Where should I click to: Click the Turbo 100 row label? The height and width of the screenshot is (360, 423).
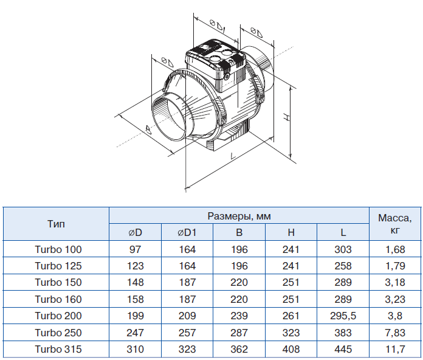[x=58, y=249]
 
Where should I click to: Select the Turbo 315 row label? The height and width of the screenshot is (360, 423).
[x=58, y=349]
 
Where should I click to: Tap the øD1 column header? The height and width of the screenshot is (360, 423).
[x=187, y=232]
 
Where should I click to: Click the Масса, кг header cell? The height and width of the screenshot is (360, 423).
[x=395, y=224]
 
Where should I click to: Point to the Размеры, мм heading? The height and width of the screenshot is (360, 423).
[x=239, y=216]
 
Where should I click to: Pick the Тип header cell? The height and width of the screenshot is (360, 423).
[x=56, y=224]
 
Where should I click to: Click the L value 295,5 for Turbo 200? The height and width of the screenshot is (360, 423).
[x=343, y=316]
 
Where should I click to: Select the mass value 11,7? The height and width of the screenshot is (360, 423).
[x=395, y=349]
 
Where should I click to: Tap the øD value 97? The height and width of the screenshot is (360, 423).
[x=135, y=249]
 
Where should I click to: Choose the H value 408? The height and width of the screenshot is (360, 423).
[x=291, y=349]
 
